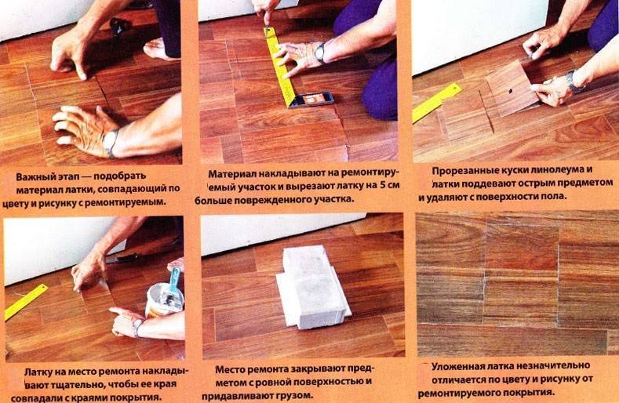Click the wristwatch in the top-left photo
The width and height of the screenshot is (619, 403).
coord(110,143)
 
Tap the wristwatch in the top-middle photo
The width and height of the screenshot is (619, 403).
coord(320,53)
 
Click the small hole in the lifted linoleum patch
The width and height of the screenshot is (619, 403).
coord(510,91)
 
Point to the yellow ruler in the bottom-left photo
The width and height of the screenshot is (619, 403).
coord(26,302)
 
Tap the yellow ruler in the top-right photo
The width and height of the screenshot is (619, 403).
coord(437,102)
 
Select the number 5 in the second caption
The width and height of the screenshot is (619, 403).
coord(381,185)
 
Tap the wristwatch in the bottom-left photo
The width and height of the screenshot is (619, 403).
coord(137,327)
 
